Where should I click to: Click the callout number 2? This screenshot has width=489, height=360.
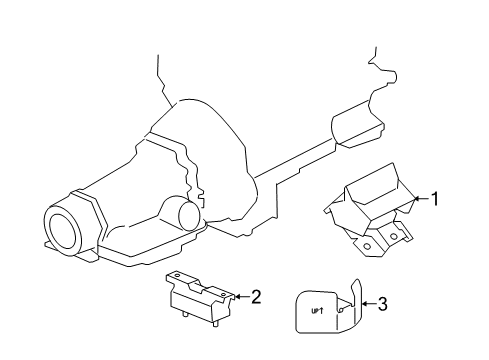(256, 296)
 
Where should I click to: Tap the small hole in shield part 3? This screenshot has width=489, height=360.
(342, 310)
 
